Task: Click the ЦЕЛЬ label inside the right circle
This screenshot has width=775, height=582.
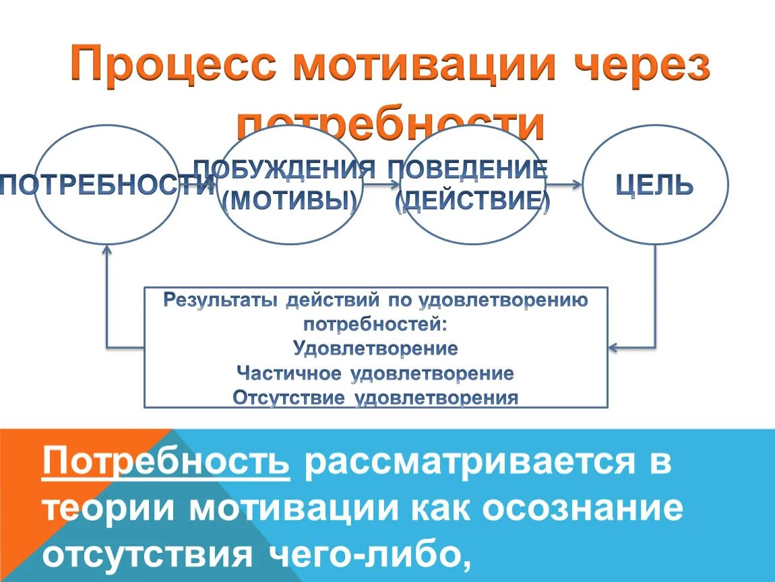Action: coord(655,184)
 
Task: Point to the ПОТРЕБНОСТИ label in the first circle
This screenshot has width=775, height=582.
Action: coord(107,184)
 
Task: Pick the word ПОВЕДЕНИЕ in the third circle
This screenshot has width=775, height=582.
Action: coord(466,168)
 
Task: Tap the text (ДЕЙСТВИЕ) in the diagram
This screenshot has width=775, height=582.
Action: coord(472,201)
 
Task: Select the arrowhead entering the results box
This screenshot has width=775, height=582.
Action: coord(613,348)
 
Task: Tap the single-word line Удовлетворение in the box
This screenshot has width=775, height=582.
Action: coord(376,349)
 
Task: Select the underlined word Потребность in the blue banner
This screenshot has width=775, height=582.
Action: coord(166,463)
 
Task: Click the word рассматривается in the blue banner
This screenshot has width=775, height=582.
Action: coord(469,463)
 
